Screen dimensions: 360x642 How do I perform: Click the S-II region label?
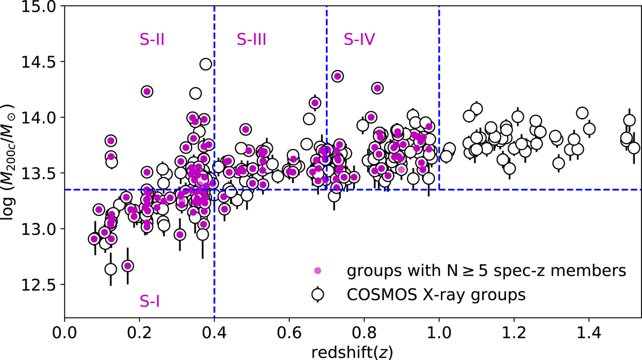click(151, 39)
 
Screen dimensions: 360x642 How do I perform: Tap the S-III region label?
click(251, 39)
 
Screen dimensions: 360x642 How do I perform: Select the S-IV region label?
click(359, 39)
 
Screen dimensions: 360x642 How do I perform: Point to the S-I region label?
click(150, 303)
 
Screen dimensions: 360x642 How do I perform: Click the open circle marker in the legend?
click(318, 294)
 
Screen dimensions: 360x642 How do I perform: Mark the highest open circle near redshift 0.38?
click(205, 64)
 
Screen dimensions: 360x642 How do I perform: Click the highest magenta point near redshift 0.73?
click(337, 76)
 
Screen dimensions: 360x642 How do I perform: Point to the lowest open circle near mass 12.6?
click(111, 269)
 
